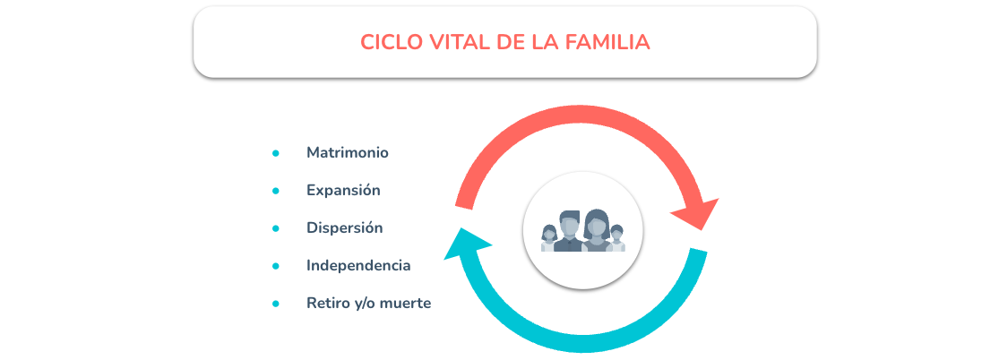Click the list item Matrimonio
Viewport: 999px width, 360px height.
348,153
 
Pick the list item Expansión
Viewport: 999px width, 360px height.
343,191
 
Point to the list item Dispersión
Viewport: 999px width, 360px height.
345,228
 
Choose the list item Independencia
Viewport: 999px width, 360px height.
358,266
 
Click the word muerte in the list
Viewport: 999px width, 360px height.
405,304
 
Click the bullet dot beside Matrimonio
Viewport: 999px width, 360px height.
276,153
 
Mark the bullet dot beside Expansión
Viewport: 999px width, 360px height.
276,191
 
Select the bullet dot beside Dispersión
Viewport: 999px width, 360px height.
276,228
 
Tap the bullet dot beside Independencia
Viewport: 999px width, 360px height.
276,266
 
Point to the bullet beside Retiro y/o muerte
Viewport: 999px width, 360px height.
276,304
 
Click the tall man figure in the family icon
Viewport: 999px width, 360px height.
569,230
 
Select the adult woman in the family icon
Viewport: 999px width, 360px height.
597,230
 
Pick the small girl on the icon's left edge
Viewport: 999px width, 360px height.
548,238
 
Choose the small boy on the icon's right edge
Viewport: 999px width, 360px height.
616,238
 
